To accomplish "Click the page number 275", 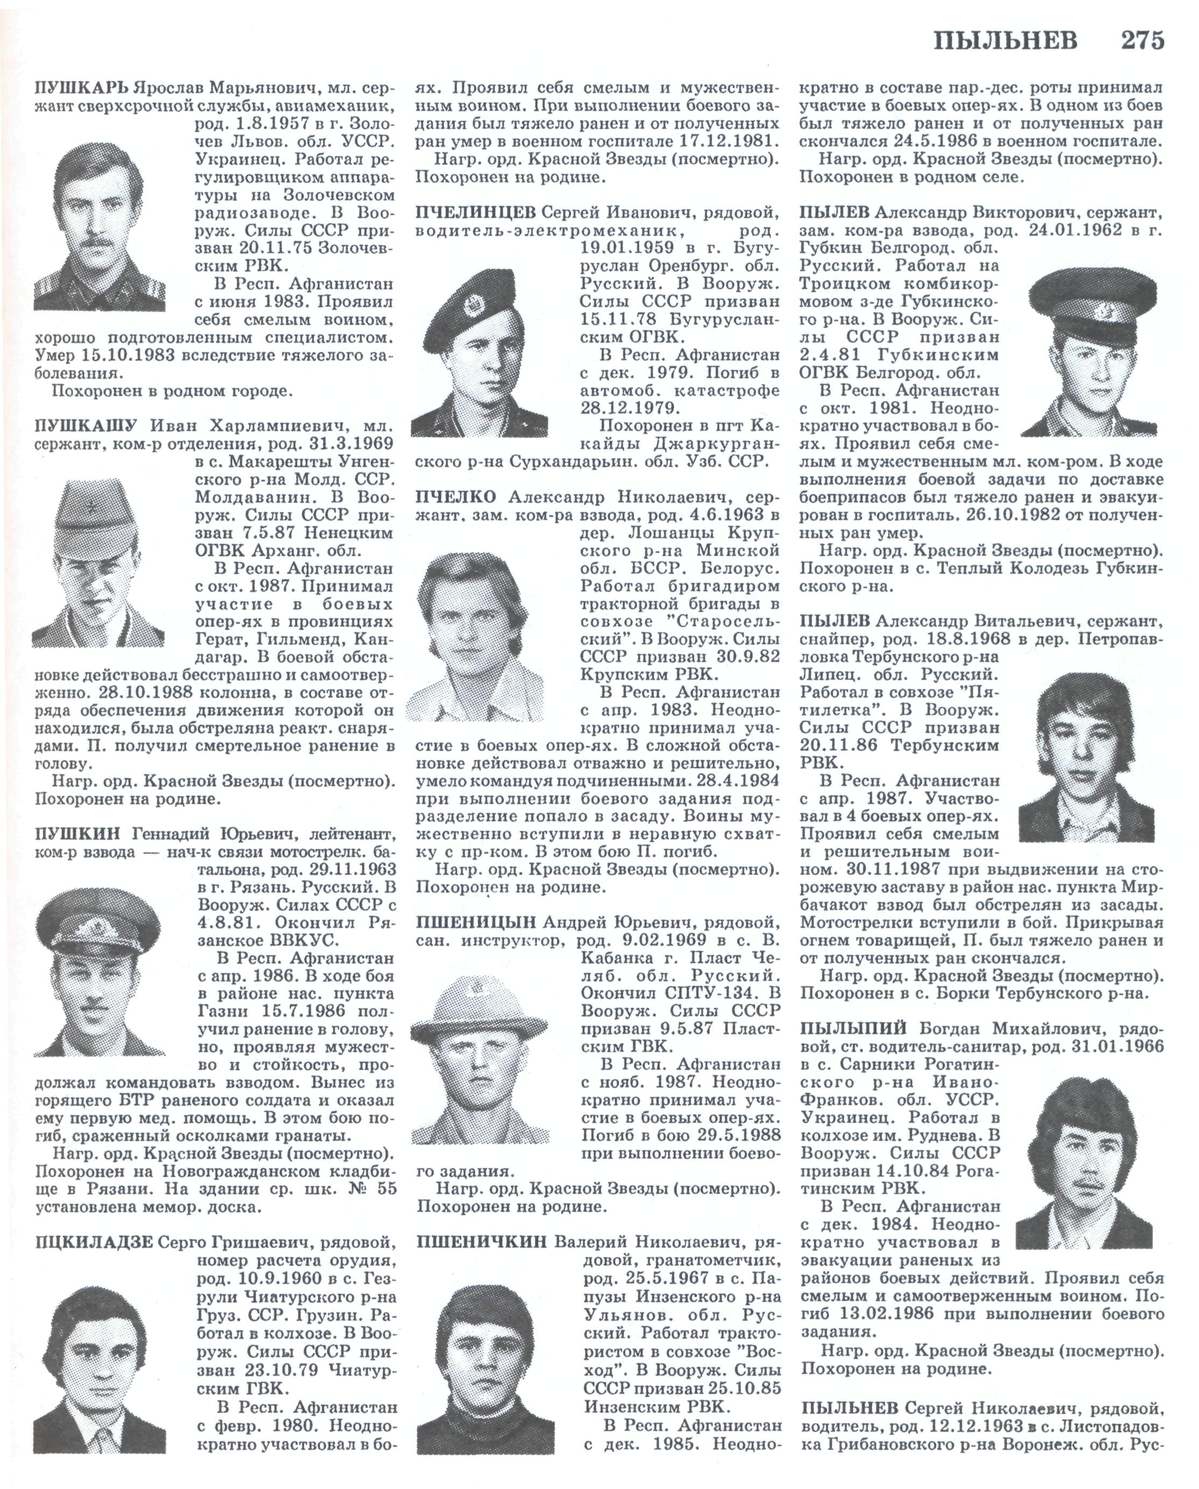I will pos(1141,41).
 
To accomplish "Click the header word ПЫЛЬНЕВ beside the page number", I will pos(1005,41).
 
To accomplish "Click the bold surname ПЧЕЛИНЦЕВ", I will pos(475,211).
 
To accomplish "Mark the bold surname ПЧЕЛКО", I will pos(456,498).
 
